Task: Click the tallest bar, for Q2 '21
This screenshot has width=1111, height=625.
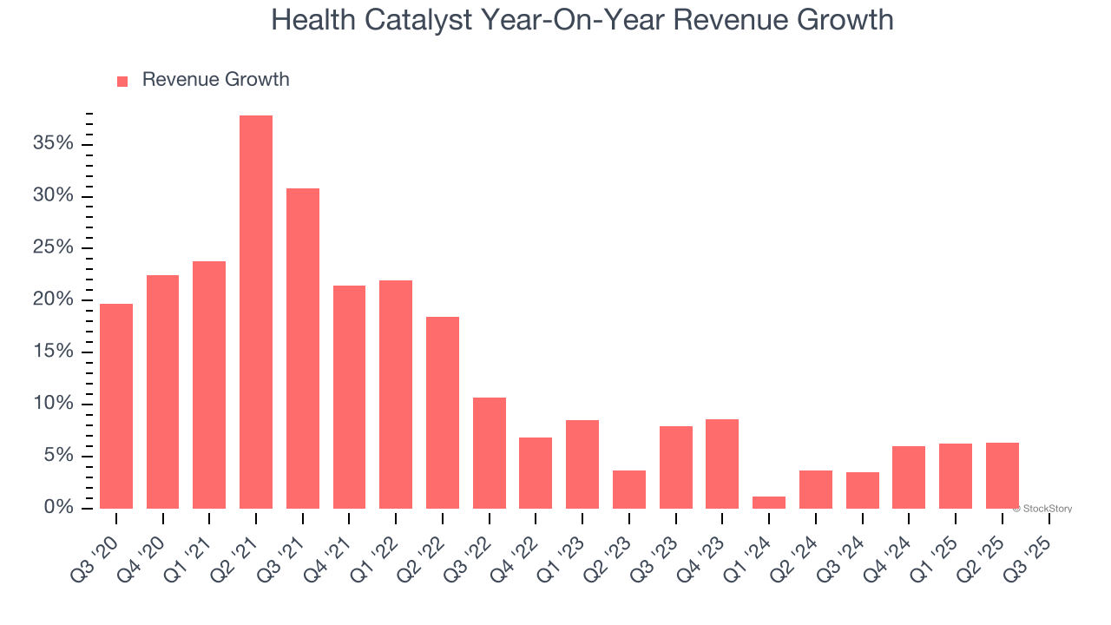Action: [x=256, y=312]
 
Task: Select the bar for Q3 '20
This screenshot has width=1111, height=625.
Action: [x=116, y=405]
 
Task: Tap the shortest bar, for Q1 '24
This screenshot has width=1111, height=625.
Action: [x=769, y=502]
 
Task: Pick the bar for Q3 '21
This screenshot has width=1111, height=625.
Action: [x=303, y=348]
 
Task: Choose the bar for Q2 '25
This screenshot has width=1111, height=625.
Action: [x=1003, y=475]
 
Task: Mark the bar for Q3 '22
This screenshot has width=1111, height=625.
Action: [x=490, y=452]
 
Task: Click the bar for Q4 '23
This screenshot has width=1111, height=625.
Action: [x=722, y=464]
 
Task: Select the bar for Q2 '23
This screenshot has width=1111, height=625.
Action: [x=629, y=489]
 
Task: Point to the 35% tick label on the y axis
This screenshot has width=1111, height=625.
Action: [x=53, y=143]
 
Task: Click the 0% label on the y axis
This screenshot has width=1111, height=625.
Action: [x=58, y=508]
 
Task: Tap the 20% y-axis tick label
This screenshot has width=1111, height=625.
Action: [x=53, y=299]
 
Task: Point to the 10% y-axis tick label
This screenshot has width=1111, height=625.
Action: [x=53, y=404]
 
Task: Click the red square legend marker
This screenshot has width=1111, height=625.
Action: [x=122, y=81]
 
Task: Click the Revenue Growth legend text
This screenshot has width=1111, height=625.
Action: [x=215, y=80]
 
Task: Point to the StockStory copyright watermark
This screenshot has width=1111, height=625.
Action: [x=1042, y=509]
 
